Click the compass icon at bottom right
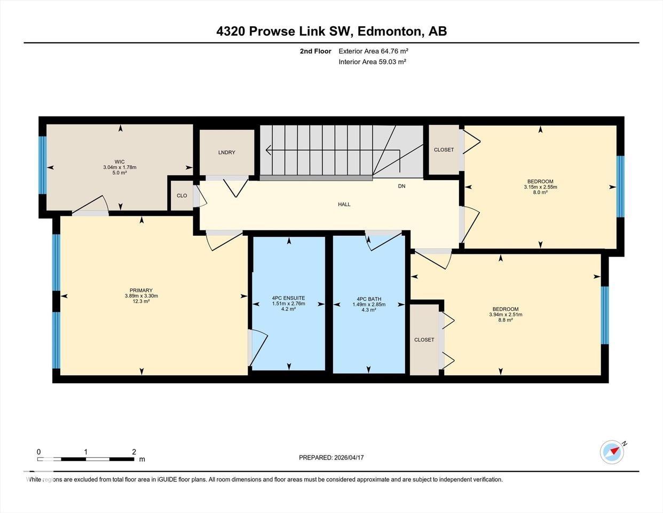[612, 452]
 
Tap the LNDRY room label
[227, 152]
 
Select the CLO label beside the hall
[182, 196]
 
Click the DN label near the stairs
[402, 186]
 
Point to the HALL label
[344, 204]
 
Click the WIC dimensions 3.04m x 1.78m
[120, 167]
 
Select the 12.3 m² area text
[141, 301]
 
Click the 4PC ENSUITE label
[288, 298]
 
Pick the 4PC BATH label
[369, 299]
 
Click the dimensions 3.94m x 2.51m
[506, 315]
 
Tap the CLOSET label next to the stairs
[444, 150]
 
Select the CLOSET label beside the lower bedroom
[424, 340]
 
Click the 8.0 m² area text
[541, 192]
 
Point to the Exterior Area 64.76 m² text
[374, 51]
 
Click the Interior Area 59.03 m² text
[373, 62]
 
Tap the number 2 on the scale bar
[133, 452]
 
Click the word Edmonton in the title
[389, 31]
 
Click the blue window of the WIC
[43, 165]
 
